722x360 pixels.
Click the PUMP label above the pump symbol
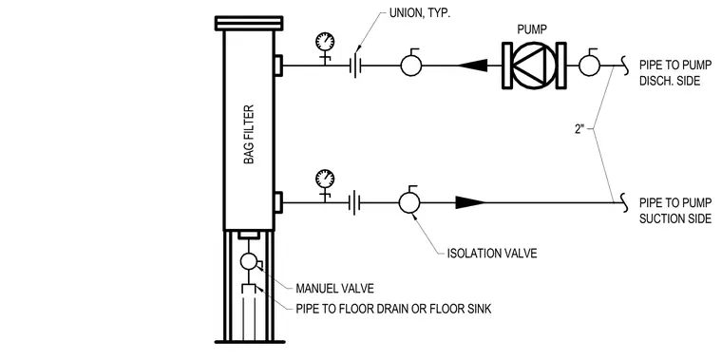pos(532,30)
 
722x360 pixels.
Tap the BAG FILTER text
pos(249,135)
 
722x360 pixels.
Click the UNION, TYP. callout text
pos(420,12)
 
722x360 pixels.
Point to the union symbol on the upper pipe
pos(355,66)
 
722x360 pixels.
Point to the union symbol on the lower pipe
pos(355,202)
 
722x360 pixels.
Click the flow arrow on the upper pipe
pos(473,66)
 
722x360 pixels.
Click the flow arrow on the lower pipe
pos(470,202)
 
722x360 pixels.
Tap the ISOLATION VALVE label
pos(492,254)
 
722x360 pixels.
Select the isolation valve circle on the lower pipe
pos(409,202)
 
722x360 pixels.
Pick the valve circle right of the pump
pos(589,65)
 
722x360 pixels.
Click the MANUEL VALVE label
pos(334,289)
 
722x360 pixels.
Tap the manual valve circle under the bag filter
pos(249,261)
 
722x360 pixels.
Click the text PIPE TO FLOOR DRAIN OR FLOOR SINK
pos(393,309)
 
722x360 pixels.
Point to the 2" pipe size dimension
pos(579,129)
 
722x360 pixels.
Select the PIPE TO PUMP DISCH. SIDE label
pos(675,72)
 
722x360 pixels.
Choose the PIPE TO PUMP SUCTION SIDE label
pos(675,210)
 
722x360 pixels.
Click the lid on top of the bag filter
pos(249,23)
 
